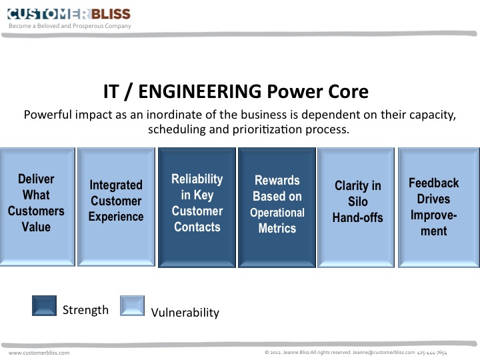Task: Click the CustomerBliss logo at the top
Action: click(x=69, y=13)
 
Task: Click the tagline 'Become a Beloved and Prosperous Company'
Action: click(x=70, y=26)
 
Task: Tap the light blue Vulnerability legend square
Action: click(x=132, y=307)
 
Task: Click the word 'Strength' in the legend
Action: click(x=85, y=310)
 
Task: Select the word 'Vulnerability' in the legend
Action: click(x=185, y=312)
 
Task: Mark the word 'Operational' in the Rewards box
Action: click(x=277, y=213)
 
